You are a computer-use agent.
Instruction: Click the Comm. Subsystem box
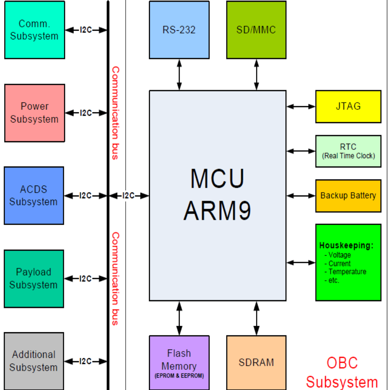(35, 30)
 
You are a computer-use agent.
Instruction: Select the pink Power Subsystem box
(35, 113)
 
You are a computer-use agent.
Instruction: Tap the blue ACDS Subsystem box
(34, 195)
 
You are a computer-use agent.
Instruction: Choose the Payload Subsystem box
(34, 278)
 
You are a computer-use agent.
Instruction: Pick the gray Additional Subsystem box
(34, 361)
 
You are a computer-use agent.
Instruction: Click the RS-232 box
(179, 30)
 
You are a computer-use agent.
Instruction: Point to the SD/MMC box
(256, 30)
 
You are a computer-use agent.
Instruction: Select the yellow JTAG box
(348, 107)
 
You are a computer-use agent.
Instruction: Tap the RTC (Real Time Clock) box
(348, 151)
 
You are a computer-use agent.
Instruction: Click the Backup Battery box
(348, 196)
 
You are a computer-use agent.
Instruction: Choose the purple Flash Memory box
(179, 363)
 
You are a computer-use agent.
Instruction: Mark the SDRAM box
(256, 363)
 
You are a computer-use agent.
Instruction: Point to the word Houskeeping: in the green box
(346, 246)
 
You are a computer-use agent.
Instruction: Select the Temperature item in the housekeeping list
(347, 272)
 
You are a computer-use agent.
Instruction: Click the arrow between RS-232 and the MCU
(179, 74)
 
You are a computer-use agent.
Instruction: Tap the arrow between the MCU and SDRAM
(256, 318)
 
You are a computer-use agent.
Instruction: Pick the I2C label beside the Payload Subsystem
(86, 278)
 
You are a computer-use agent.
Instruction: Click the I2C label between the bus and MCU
(129, 196)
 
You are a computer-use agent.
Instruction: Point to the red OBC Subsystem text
(342, 372)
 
